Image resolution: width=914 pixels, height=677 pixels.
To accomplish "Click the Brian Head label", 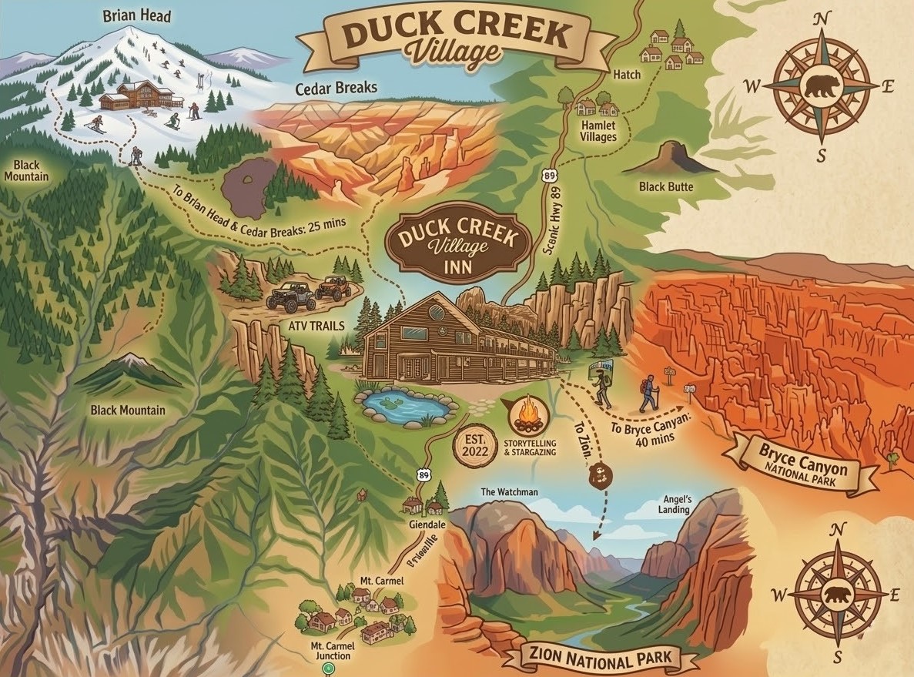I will pyautogui.click(x=137, y=15).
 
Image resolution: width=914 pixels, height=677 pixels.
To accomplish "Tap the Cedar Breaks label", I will pyautogui.click(x=336, y=88).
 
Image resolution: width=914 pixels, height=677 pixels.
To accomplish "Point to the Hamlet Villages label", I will pyautogui.click(x=598, y=131).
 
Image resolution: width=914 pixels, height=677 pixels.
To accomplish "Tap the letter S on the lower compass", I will pyautogui.click(x=838, y=655).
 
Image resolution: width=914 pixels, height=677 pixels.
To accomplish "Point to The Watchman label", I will pyautogui.click(x=509, y=491).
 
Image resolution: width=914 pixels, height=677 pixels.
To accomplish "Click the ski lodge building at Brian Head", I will pyautogui.click(x=140, y=96).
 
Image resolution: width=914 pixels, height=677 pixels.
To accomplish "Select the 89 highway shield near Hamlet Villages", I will pyautogui.click(x=548, y=176).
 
